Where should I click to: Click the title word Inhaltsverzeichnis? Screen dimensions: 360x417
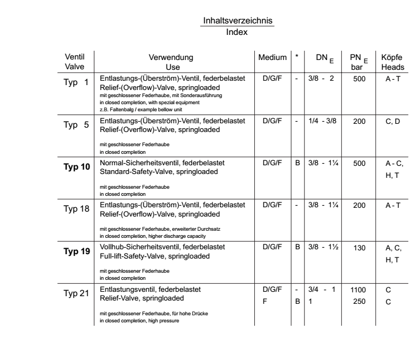[x=237, y=21]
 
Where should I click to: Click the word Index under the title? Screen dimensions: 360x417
[x=237, y=32]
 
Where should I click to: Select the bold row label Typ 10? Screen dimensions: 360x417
[x=78, y=166]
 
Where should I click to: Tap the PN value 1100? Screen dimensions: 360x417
[x=358, y=290]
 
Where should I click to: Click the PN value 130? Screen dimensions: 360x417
[x=358, y=247]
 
